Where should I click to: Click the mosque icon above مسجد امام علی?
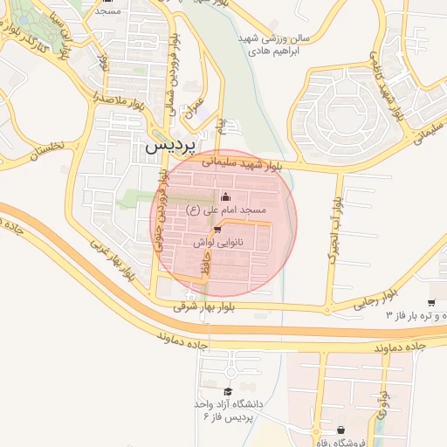coord(226,196)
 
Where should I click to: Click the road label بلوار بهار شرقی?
coord(205,306)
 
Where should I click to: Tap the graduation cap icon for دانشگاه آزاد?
coord(228,391)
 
